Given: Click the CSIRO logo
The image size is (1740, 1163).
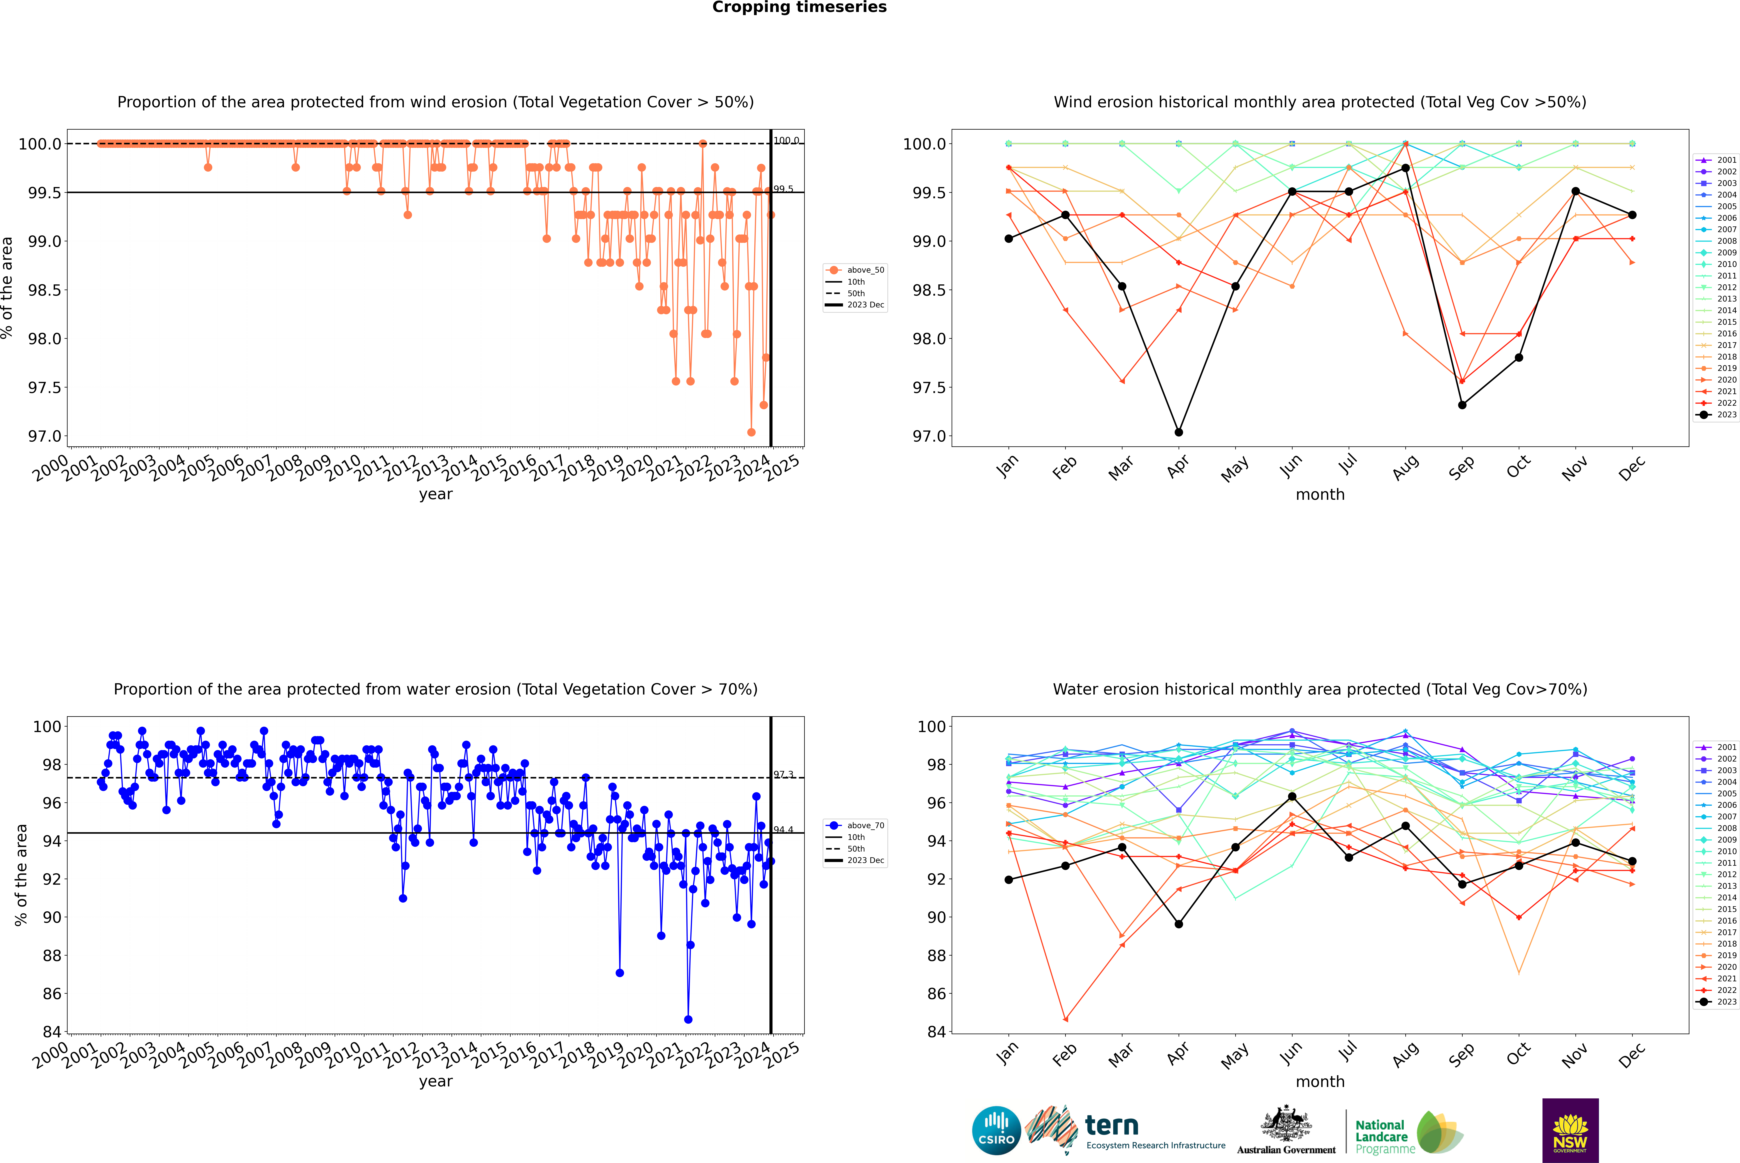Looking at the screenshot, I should pos(996,1130).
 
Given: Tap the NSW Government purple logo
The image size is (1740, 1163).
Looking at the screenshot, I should pos(1570,1130).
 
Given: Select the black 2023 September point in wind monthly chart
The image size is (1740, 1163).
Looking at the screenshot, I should pos(1462,405).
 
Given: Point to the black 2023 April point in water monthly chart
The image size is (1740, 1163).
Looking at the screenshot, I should pos(1179,924).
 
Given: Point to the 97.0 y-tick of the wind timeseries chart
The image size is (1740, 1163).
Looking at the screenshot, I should pos(45,436).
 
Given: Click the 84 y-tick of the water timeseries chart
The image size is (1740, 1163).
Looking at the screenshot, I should pos(52,1032).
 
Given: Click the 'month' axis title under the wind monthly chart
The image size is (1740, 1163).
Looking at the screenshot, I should pos(1319,495).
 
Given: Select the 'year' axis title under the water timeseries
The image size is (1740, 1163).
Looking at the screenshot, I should pos(435,1081).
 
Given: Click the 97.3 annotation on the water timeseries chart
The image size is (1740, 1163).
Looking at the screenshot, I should pos(783,774).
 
